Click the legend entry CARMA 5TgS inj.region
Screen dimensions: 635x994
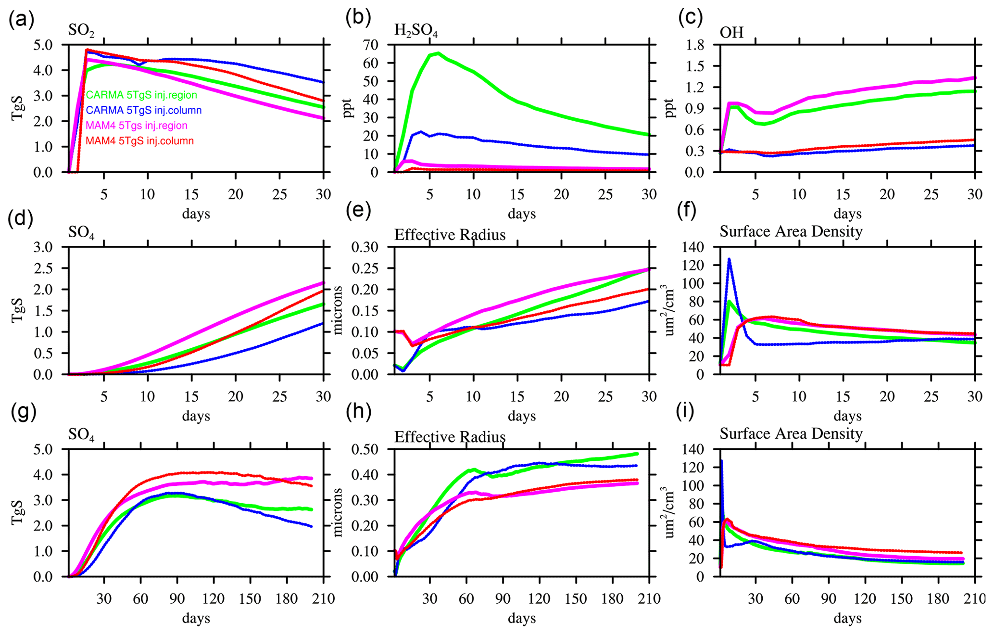click(141, 95)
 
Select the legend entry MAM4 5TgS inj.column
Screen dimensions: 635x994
click(139, 141)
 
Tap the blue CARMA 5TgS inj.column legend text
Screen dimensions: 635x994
click(143, 110)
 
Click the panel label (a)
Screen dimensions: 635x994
click(21, 19)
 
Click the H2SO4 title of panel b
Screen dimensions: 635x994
click(416, 31)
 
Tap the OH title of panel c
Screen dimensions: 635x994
click(731, 32)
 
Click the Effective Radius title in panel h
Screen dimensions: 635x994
click(450, 437)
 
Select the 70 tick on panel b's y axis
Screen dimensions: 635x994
click(380, 45)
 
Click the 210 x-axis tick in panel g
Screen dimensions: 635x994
click(323, 598)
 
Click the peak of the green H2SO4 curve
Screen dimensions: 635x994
click(438, 53)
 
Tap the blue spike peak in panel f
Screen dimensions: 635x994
click(729, 260)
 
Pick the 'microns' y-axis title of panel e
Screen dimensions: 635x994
click(338, 310)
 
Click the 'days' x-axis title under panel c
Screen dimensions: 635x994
click(847, 214)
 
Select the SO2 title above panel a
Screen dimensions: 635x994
click(81, 31)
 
